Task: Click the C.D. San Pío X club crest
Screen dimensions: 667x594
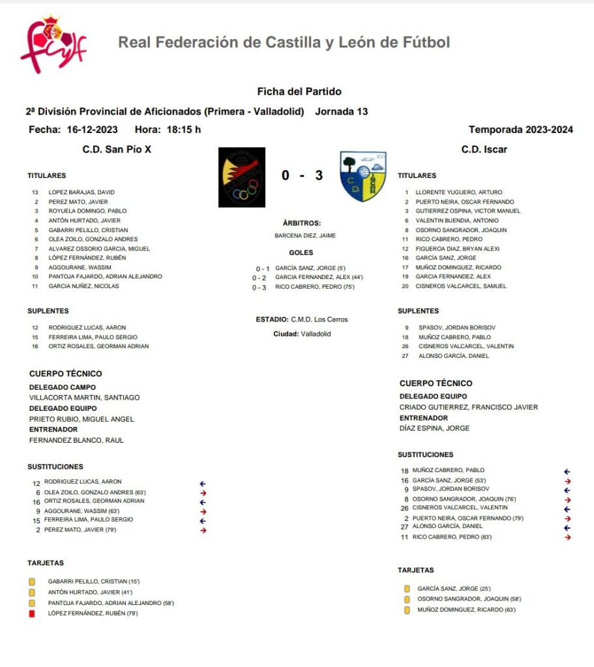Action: tap(241, 177)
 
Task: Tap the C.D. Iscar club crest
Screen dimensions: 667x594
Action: tap(363, 176)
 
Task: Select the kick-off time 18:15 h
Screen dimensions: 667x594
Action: tap(184, 130)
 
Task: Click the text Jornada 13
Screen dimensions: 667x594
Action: tap(341, 111)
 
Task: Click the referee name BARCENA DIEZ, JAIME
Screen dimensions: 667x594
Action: tap(305, 235)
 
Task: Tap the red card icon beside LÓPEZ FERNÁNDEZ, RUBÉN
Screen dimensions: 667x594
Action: tap(32, 614)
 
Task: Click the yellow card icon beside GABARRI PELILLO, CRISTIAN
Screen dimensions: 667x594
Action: tap(32, 581)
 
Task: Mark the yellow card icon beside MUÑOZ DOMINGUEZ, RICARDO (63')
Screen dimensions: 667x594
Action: tap(408, 610)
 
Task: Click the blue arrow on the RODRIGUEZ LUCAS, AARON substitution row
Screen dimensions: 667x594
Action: tap(203, 483)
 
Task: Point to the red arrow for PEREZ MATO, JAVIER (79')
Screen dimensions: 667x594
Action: tap(203, 531)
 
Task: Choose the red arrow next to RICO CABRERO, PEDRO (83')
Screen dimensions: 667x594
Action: tap(567, 537)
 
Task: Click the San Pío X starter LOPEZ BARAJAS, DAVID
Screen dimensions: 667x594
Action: tap(82, 192)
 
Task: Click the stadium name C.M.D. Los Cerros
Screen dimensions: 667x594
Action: tap(319, 319)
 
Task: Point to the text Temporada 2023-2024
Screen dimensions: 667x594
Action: tap(520, 130)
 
